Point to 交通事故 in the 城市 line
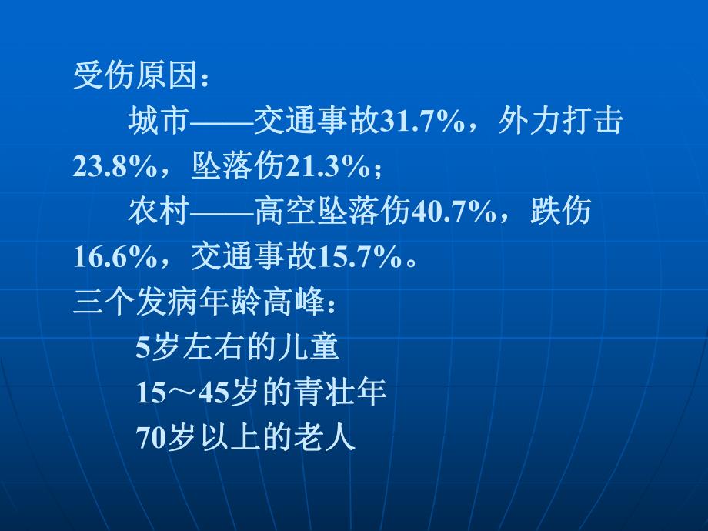tap(316, 122)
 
